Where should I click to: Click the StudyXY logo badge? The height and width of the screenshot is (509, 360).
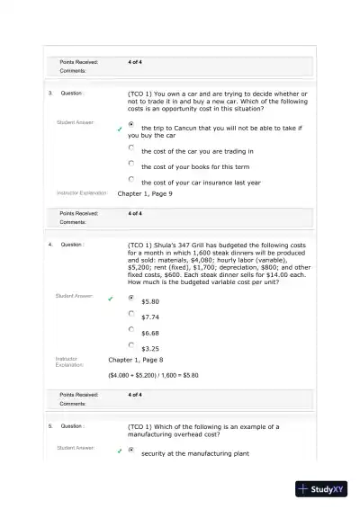coord(326,490)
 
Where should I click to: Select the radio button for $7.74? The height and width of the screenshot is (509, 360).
coord(131,313)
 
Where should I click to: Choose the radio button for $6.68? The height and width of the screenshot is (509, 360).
coord(131,329)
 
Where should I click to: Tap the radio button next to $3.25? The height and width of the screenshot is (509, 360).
coord(131,344)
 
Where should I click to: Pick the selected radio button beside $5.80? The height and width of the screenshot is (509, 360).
coord(131,298)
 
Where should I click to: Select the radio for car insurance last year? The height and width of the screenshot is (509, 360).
coord(131,179)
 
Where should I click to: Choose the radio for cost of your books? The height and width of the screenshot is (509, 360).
coord(131,164)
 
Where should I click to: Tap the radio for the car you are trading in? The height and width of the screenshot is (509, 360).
coord(131,147)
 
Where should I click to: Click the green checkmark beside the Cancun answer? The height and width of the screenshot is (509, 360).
coord(119,129)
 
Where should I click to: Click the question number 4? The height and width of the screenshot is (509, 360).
coord(50,244)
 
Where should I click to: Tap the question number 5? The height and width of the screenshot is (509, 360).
coord(50,425)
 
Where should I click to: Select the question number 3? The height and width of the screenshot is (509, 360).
coord(50,93)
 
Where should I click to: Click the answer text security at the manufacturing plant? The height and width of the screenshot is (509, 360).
coord(194,453)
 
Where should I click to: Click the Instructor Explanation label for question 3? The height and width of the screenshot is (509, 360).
coord(82,193)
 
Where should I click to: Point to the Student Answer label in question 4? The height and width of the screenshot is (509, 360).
coord(76,295)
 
